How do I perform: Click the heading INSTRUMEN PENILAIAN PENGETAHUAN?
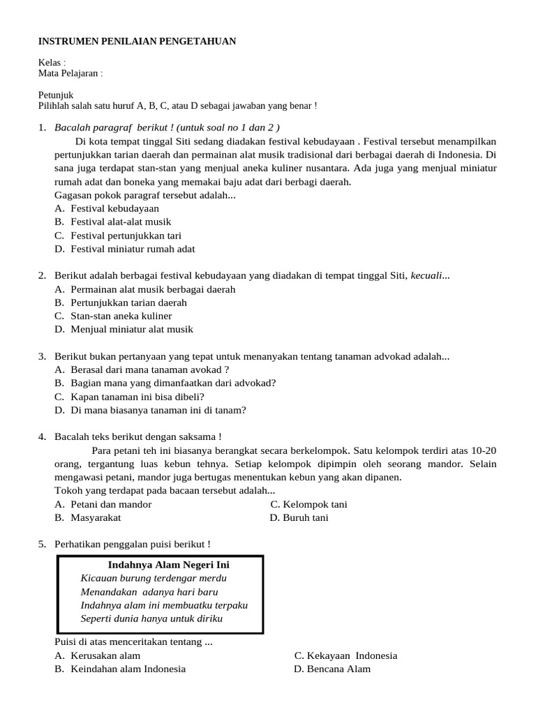(137, 42)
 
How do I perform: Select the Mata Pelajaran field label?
(69, 73)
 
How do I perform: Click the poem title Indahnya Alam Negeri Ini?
(169, 565)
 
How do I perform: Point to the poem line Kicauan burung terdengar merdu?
(154, 578)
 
